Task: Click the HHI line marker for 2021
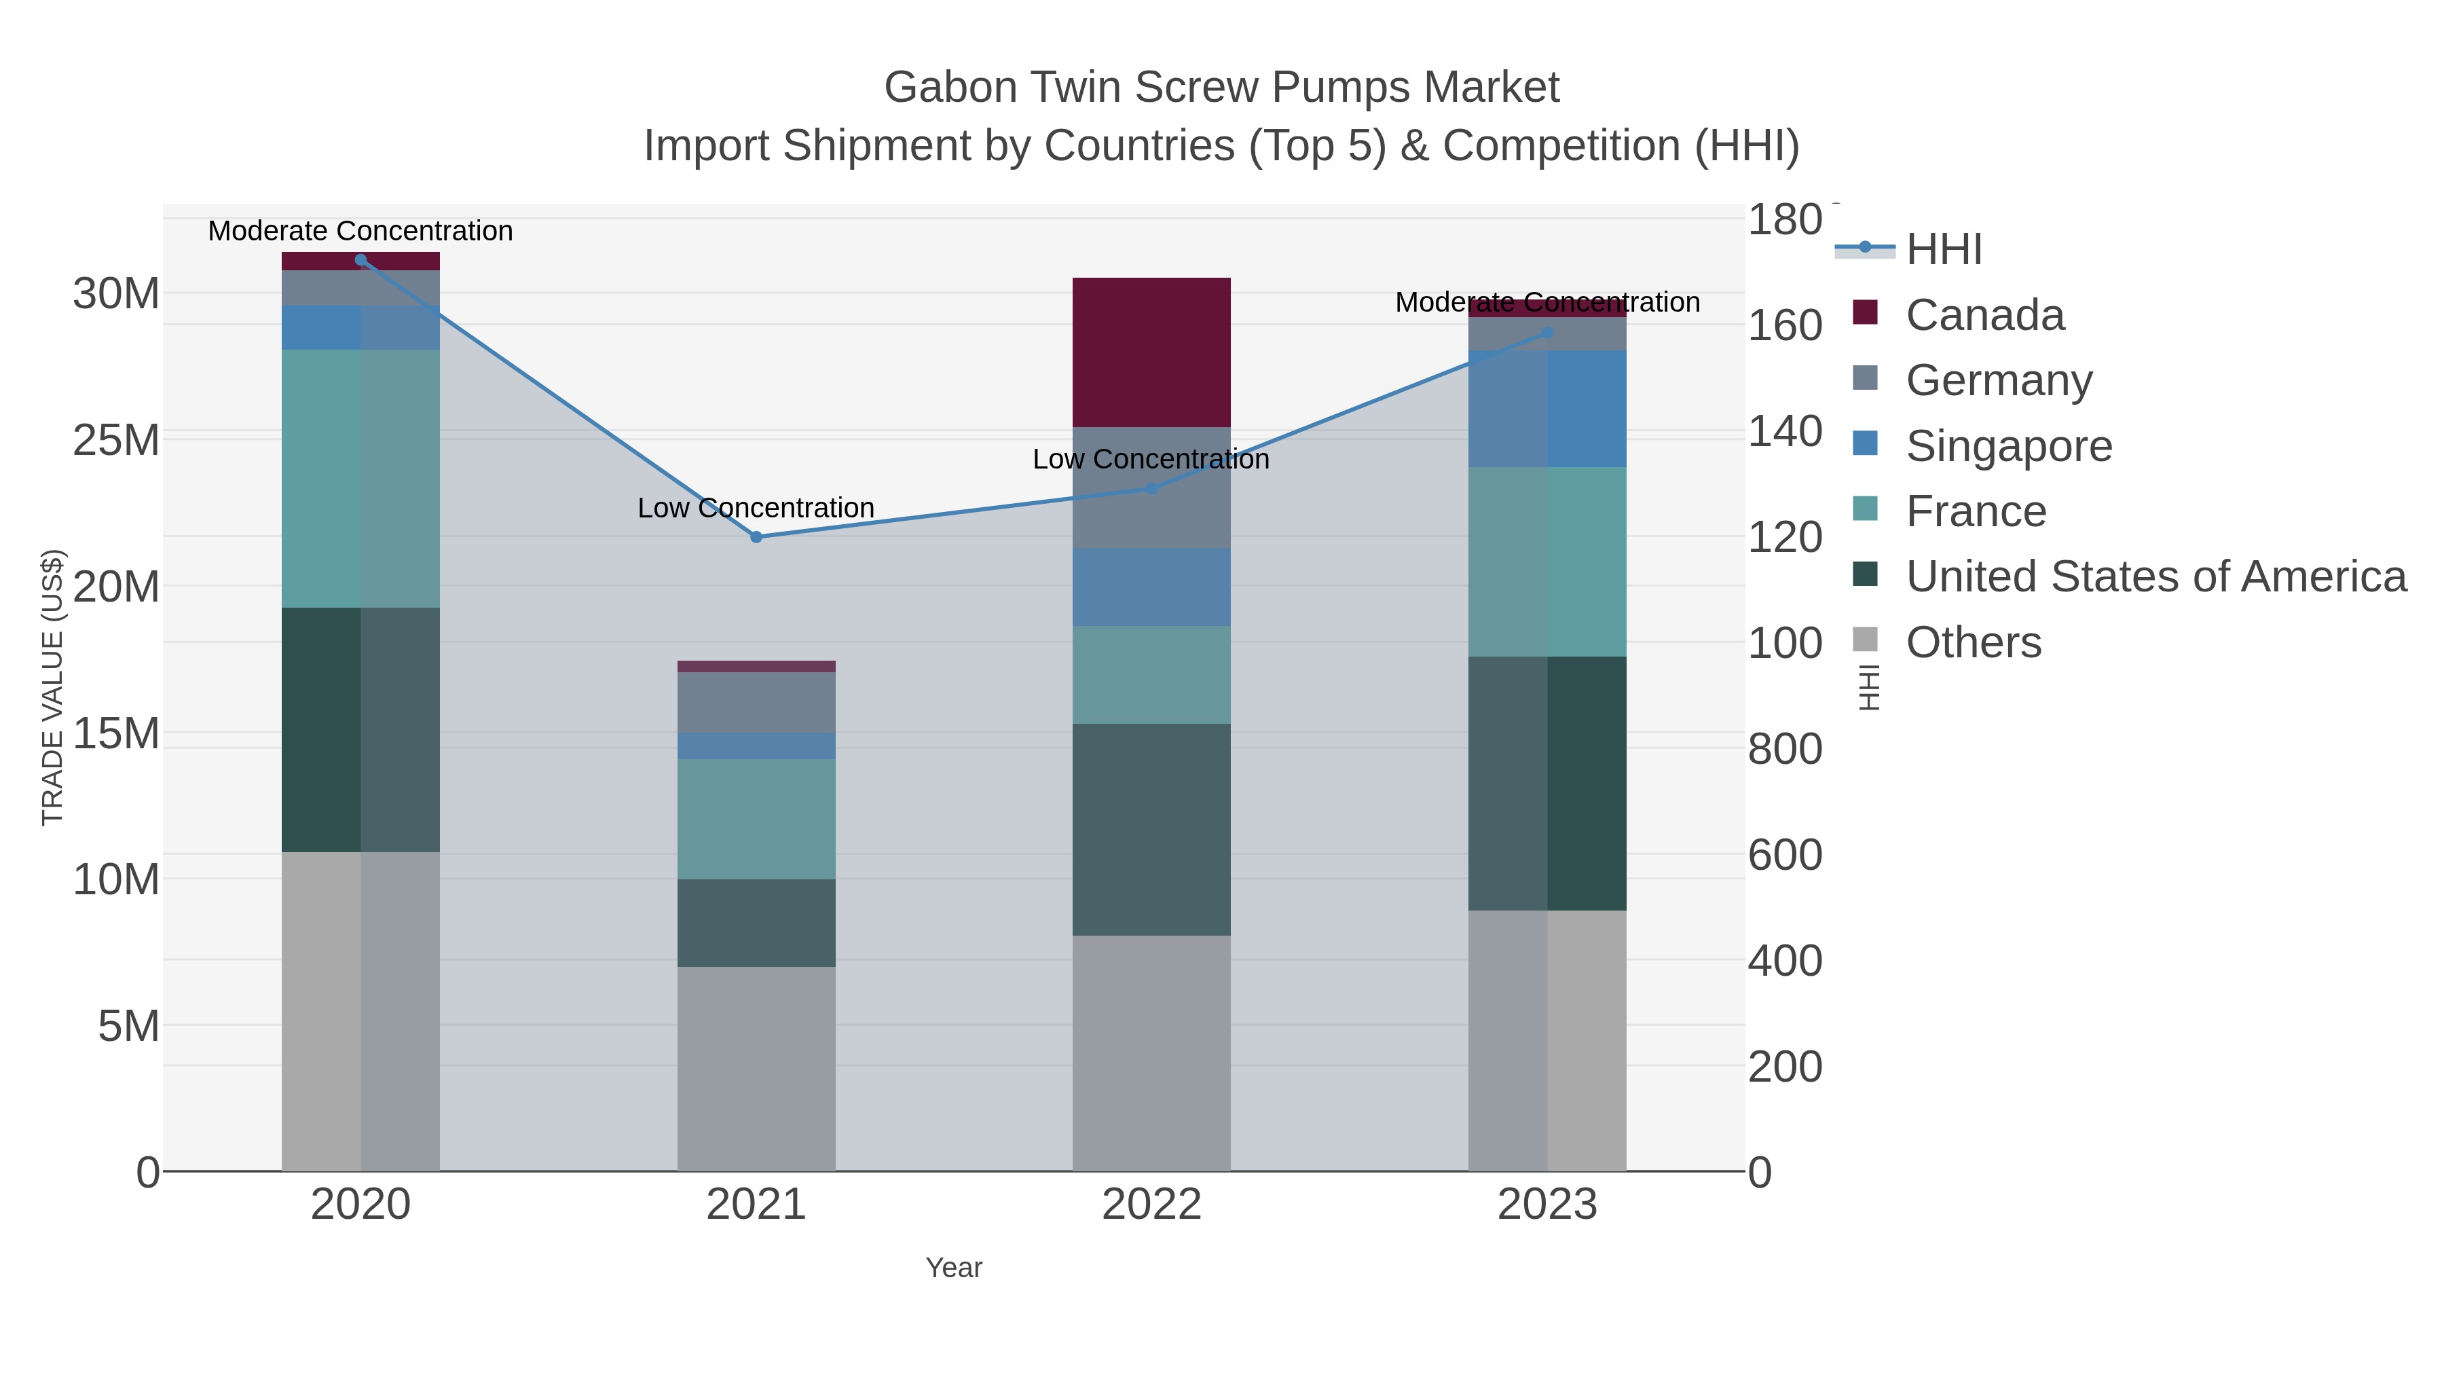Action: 756,537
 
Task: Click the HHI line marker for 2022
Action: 1152,489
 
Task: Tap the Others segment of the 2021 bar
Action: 756,1069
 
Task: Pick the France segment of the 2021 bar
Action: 756,818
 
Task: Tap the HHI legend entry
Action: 1943,250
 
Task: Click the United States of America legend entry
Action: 2155,577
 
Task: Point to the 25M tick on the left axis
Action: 115,440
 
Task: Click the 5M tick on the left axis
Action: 128,1026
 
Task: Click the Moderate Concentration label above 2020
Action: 360,231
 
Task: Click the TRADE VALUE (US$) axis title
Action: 52,687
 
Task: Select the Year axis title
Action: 954,1268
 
